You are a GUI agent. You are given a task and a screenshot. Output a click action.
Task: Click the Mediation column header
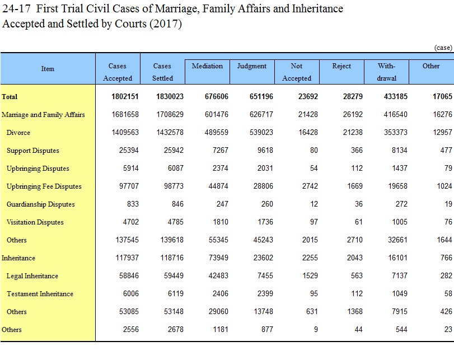207,66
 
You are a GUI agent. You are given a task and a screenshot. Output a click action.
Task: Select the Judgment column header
251,66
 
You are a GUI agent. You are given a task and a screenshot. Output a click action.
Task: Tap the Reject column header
341,66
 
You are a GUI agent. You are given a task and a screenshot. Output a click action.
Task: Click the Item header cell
48,69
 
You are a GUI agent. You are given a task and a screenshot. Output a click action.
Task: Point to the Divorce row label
18,133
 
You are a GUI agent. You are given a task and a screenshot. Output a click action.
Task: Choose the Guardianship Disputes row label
40,204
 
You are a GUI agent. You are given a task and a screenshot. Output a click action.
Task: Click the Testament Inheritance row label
40,294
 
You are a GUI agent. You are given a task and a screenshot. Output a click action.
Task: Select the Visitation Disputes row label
35,222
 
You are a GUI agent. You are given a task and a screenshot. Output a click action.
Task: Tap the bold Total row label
10,97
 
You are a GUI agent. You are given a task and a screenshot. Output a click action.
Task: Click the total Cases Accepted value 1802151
125,96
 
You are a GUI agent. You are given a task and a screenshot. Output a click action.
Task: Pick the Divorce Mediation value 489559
216,132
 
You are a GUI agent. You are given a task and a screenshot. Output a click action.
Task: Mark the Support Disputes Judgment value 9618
265,150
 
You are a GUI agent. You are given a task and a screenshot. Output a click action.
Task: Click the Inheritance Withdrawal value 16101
397,258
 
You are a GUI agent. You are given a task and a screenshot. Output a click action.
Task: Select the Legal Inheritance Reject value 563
357,275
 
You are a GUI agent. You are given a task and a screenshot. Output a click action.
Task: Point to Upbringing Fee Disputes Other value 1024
444,186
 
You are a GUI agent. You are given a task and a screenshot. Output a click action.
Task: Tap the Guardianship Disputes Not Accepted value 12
314,204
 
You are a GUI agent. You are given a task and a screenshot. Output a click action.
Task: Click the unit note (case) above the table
443,48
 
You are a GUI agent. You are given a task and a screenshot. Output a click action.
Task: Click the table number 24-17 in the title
16,9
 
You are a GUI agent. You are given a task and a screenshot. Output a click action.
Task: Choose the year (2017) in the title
166,24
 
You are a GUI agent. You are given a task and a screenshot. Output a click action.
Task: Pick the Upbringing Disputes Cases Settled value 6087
175,169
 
